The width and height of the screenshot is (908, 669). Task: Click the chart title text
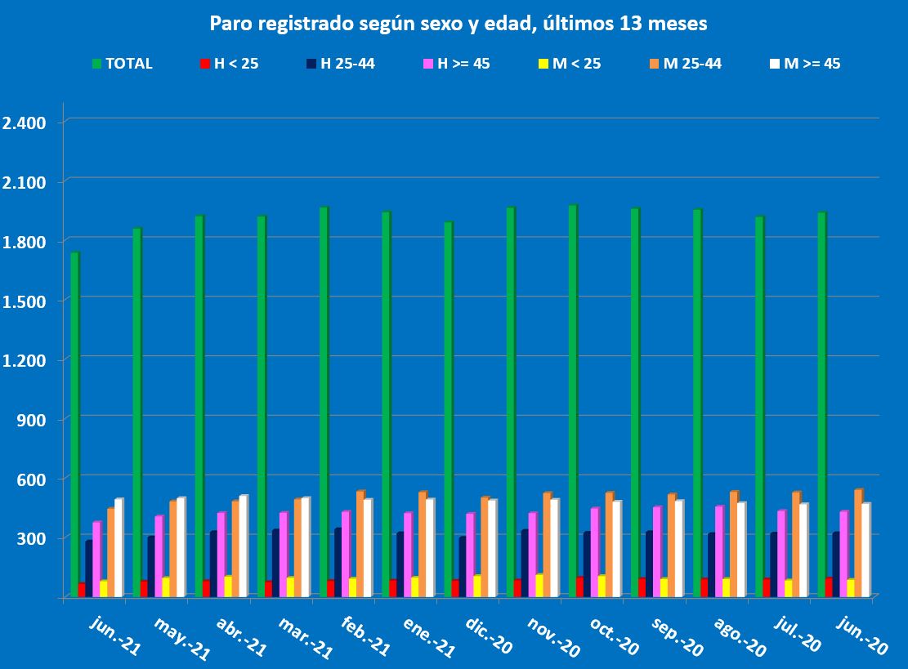pos(458,25)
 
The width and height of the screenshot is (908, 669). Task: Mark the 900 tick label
pos(33,419)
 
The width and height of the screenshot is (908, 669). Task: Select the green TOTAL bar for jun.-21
pos(74,425)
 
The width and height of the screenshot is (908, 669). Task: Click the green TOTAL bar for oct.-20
pos(573,400)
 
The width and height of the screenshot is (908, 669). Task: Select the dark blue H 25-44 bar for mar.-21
pos(276,564)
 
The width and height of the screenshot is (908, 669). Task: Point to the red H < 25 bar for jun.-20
pos(829,587)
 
